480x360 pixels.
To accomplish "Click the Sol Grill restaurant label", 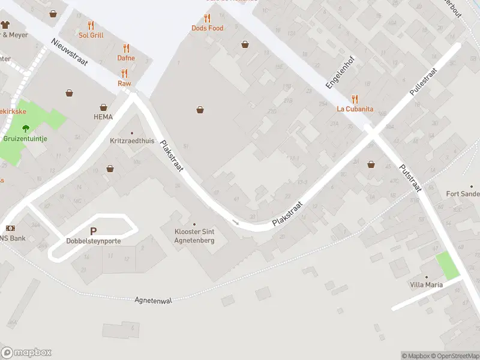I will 91,35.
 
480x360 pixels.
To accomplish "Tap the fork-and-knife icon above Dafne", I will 126,48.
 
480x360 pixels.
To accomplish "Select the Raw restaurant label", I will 124,83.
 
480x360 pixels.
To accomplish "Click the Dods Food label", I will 208,28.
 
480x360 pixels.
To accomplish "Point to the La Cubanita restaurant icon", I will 355,99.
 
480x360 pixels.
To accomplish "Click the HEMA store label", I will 103,117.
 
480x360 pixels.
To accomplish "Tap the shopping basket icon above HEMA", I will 70,93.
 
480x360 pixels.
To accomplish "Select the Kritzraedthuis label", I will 133,141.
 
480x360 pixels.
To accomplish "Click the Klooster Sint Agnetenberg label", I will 194,236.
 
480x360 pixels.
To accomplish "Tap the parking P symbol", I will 93,231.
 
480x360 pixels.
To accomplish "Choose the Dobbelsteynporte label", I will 94,241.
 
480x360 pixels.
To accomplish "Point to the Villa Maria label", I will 427,284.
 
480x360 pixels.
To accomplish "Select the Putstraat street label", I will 411,178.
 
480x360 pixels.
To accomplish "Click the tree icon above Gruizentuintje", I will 26,128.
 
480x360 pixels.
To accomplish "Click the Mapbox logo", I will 26,353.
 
